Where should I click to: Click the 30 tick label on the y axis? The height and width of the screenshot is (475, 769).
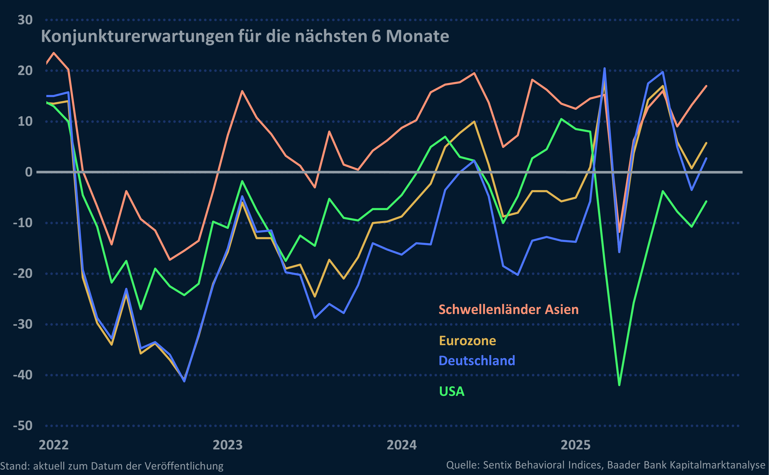[25, 20]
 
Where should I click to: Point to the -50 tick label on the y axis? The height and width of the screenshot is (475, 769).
[23, 426]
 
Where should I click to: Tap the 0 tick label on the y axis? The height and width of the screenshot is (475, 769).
[29, 172]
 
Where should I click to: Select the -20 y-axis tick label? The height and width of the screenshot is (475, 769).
[23, 274]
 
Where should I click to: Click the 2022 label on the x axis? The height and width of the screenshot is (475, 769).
[54, 445]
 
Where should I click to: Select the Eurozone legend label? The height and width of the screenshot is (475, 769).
[467, 341]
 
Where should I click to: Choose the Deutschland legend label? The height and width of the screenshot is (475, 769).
[476, 361]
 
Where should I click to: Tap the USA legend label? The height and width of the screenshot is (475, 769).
[451, 391]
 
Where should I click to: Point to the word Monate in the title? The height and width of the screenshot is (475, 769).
[417, 37]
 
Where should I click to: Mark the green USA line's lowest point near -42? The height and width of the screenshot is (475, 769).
[619, 385]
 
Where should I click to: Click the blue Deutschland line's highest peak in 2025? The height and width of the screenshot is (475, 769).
[604, 68]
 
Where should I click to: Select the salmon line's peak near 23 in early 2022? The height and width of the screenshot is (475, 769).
[54, 53]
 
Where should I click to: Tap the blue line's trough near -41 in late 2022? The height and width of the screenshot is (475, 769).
[184, 381]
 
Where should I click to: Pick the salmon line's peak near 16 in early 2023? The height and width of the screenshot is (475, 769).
[242, 91]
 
